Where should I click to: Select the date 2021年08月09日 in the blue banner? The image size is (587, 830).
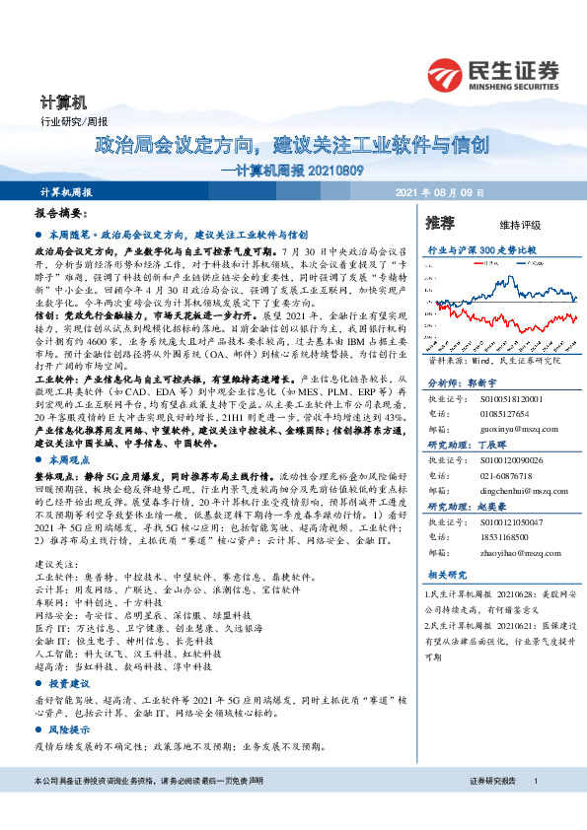(434, 191)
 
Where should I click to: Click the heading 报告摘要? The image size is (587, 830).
(61, 213)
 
